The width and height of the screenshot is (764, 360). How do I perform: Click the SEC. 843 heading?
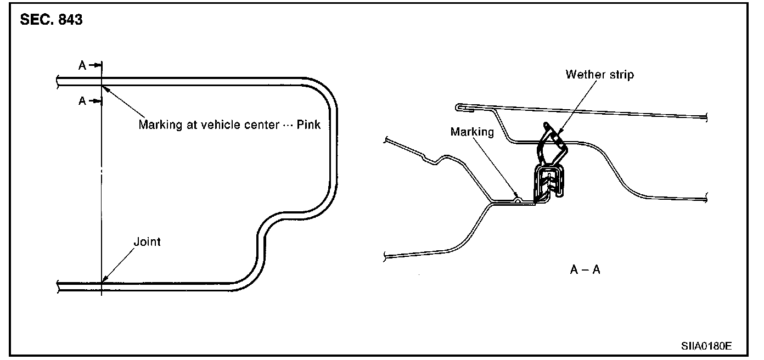pyautogui.click(x=51, y=20)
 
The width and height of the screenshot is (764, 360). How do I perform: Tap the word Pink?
pyautogui.click(x=309, y=124)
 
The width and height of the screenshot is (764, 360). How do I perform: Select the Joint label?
pyautogui.click(x=147, y=241)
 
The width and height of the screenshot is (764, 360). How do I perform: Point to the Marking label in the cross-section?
pyautogui.click(x=472, y=132)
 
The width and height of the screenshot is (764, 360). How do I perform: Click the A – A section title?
pyautogui.click(x=585, y=270)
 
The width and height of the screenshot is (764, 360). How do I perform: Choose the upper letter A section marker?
pyautogui.click(x=82, y=65)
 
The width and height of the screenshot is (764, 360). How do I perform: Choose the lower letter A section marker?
pyautogui.click(x=82, y=101)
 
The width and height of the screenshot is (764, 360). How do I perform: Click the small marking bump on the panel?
pyautogui.click(x=517, y=200)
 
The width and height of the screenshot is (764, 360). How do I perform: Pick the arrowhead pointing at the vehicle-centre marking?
pyautogui.click(x=105, y=88)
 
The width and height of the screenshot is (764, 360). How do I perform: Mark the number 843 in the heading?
pyautogui.click(x=70, y=20)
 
